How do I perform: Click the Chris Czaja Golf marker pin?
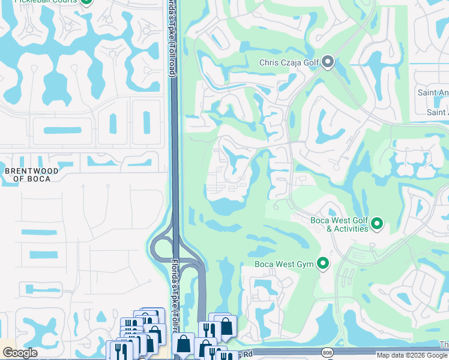[328, 62]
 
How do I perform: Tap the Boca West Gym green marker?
[323, 263]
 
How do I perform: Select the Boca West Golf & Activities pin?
[377, 224]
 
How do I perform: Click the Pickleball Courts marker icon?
[86, 2]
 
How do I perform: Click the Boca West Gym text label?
[284, 264]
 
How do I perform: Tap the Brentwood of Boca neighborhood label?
[32, 175]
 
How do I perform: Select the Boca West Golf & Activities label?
[339, 224]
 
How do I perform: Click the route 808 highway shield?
[327, 352]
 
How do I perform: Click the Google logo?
[20, 353]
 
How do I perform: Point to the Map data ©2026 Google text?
[412, 355]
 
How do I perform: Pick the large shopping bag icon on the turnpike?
[183, 344]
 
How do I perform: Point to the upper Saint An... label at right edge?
[433, 92]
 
